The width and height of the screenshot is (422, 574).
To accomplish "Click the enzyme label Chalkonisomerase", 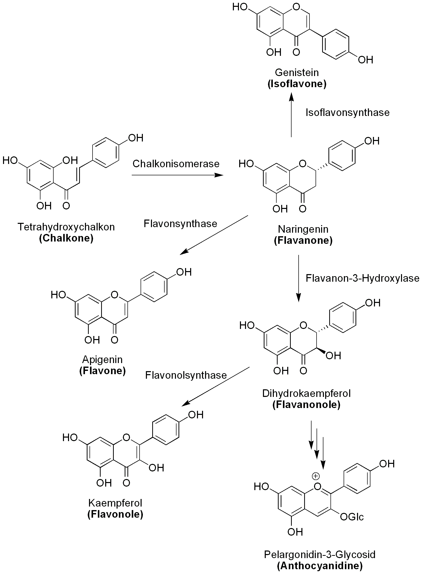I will coord(176,164).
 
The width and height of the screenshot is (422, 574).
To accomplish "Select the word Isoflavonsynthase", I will coord(347,113).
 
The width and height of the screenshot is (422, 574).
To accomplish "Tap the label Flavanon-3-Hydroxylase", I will coord(362,278).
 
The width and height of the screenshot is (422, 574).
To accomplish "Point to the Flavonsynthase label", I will coord(180,224).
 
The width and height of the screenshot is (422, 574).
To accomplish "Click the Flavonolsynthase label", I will coord(186,375).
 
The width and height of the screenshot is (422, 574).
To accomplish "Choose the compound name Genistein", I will coord(297,73).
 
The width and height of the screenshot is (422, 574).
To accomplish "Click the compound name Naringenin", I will coord(303,229).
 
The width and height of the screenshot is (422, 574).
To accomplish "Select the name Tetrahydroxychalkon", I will coord(66,227).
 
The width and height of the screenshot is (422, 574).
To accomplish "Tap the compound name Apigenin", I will coord(102,360).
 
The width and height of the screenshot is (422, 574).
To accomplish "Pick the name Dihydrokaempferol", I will coord(306,394).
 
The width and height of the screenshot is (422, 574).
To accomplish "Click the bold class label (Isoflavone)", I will coord(297,84).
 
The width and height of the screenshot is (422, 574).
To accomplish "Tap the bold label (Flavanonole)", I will coord(306,405).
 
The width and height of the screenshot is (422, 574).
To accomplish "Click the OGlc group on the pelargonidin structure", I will coord(351,517).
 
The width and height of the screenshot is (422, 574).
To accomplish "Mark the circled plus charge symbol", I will coord(316,476).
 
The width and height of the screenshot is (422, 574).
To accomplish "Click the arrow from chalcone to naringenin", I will coord(177,175).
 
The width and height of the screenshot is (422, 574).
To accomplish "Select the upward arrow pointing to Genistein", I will coord(291,115).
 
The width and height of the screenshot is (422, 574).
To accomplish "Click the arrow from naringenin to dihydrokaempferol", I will coord(298,278).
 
